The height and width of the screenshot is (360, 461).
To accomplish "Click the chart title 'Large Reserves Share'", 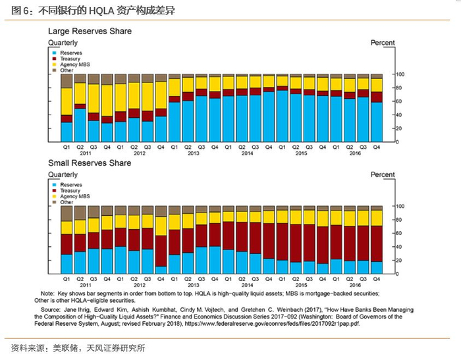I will coord(90,31).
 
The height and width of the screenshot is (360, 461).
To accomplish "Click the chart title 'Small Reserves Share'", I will coord(90,163).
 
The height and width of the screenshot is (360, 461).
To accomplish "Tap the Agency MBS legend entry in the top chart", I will coord(72,64).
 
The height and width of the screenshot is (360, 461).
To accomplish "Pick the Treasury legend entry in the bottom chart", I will coord(70,191).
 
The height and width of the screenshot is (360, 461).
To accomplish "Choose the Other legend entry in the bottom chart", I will coord(67,202).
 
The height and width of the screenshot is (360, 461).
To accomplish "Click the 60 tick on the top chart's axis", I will coord(398,101).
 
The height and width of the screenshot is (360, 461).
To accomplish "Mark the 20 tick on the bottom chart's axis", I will coord(398,260).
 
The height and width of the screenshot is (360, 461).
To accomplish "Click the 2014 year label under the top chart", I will coord(247,153).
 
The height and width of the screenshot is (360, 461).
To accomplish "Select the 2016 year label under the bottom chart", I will coord(356,285).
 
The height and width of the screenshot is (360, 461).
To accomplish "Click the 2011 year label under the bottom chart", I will coord(85,285).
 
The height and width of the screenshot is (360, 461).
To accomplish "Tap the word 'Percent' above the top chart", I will coord(383,43).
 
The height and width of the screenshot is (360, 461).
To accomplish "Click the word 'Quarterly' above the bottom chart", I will coord(63,174).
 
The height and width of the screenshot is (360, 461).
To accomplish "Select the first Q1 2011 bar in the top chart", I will coord(67,107).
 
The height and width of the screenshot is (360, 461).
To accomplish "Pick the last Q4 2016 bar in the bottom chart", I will coord(376,240).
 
